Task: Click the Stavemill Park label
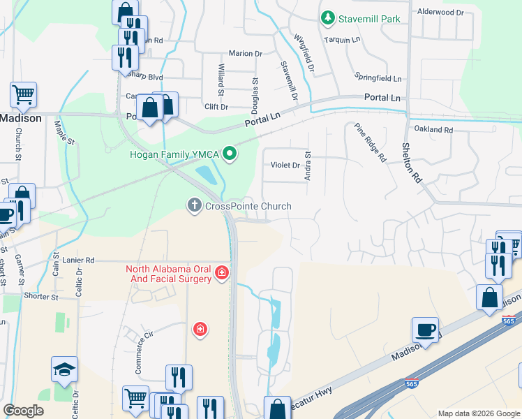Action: coord(369,19)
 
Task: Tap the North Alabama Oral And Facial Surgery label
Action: coord(168,274)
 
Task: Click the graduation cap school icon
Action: coord(64,370)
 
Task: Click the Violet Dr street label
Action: coord(285,166)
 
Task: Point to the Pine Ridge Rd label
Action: coord(370,142)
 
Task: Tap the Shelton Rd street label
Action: coord(412,163)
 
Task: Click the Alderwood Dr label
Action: coord(440,13)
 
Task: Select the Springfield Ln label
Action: coord(378,79)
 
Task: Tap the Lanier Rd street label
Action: coord(77,260)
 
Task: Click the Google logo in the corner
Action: coord(23,410)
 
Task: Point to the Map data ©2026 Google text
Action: coord(477,413)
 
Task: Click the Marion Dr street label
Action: coord(246,53)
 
